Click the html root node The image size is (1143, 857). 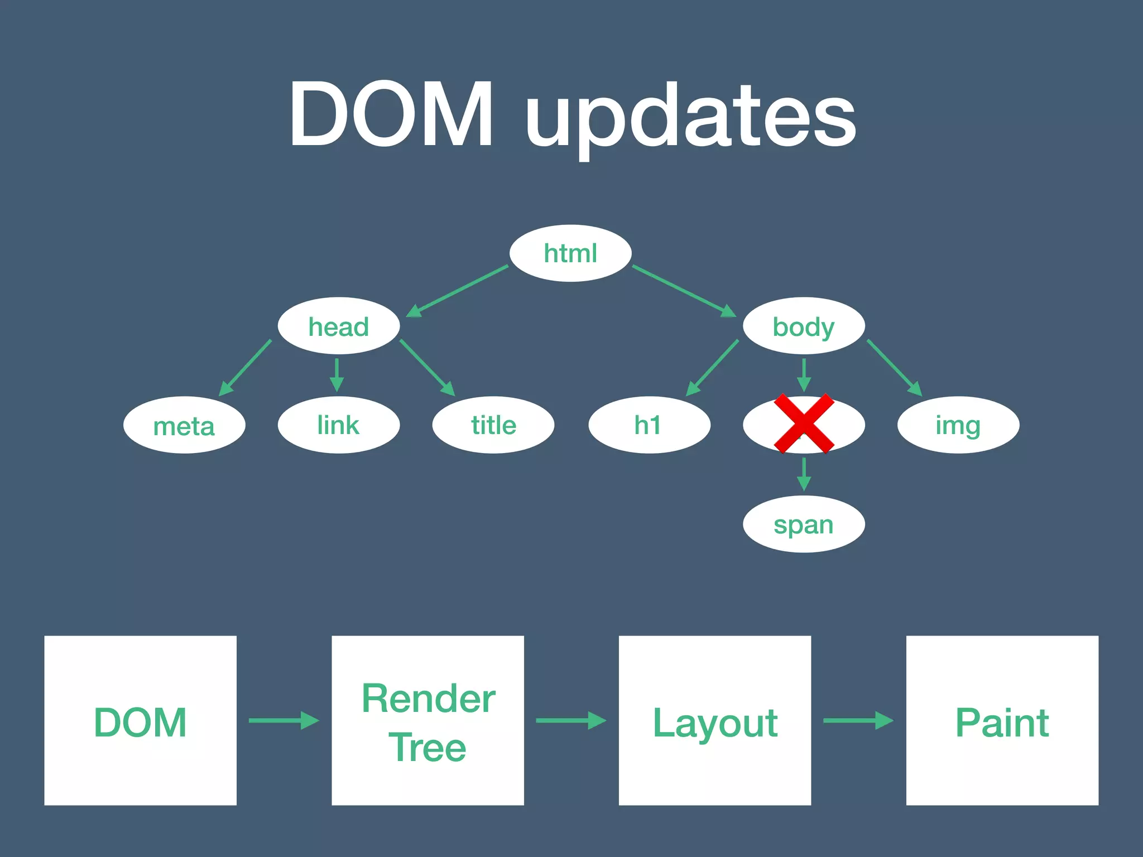570,253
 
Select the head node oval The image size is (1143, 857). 339,326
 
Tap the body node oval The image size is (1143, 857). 804,326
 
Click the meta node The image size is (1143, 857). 184,426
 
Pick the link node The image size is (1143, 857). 339,425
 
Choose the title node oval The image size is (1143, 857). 493,425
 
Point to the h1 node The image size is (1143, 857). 649,425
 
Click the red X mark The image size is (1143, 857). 804,423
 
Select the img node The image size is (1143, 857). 958,425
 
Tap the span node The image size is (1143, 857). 804,524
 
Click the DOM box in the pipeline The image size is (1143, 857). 140,720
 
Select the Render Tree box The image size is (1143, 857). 428,720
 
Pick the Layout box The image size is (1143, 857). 714,720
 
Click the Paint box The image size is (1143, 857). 1002,720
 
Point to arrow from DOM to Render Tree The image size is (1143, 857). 284,720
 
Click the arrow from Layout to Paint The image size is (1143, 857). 858,720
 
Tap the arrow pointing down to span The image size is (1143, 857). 804,474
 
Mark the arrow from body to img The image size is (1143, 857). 894,368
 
